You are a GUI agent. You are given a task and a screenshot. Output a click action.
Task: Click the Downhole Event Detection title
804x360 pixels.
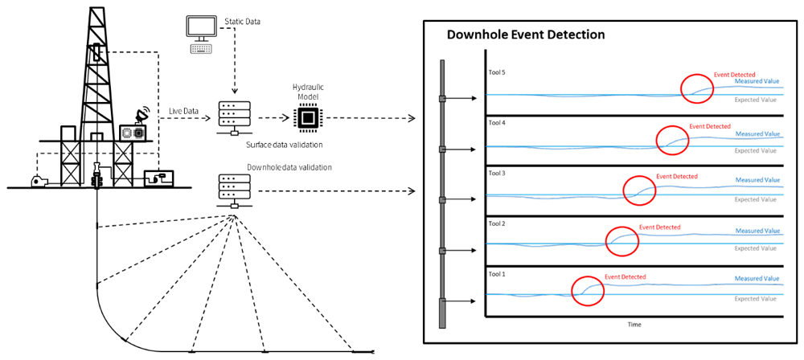pyautogui.click(x=526, y=35)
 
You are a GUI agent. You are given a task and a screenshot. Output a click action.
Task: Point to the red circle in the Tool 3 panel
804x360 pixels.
pyautogui.click(x=641, y=190)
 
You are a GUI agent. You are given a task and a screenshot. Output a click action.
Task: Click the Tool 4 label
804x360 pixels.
pyautogui.click(x=497, y=123)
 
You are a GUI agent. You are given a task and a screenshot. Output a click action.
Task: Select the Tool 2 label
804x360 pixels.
pyautogui.click(x=497, y=223)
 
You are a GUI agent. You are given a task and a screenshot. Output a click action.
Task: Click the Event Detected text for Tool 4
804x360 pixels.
pyautogui.click(x=710, y=126)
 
